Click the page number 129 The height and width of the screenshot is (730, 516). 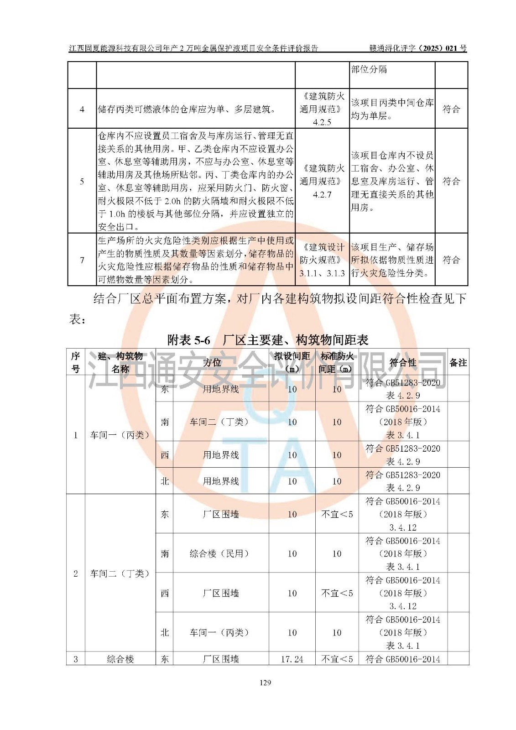point(265,683)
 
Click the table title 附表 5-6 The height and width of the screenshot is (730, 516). point(189,340)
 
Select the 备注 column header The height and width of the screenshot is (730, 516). point(458,363)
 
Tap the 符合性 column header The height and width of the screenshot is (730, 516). point(403,363)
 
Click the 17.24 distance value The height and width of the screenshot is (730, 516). point(292,659)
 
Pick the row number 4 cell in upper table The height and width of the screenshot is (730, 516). point(82,109)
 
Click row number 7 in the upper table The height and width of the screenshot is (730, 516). point(82,260)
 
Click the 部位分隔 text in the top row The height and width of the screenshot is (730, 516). point(369,69)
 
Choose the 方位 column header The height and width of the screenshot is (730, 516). point(212,363)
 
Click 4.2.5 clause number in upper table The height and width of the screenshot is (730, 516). point(322,122)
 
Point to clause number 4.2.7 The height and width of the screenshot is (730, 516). point(322,194)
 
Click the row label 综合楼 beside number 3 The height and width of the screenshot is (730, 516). point(120,659)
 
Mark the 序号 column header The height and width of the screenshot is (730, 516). point(76,363)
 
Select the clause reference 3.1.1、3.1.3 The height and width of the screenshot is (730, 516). point(322,273)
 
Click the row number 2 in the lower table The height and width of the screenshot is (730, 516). point(76,574)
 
